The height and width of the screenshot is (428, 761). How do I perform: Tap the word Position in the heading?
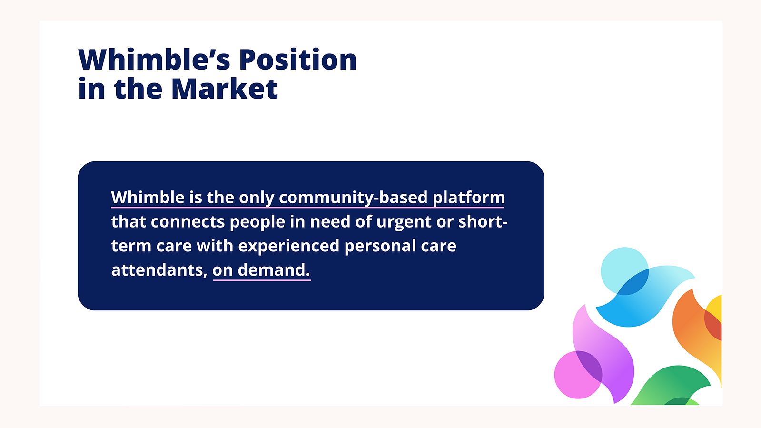coord(298,60)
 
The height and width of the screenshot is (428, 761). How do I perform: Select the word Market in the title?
coord(225,89)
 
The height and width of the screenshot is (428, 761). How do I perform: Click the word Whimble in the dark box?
coord(148,197)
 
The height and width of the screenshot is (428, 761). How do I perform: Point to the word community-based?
coord(353,198)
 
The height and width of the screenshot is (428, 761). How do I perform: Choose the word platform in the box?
coord(469,198)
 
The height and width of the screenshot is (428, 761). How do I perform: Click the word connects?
coord(188,222)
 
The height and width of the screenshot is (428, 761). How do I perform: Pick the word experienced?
coord(289,246)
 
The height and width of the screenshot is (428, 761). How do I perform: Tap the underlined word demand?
coord(274,270)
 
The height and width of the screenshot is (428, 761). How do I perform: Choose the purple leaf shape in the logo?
coord(603,354)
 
